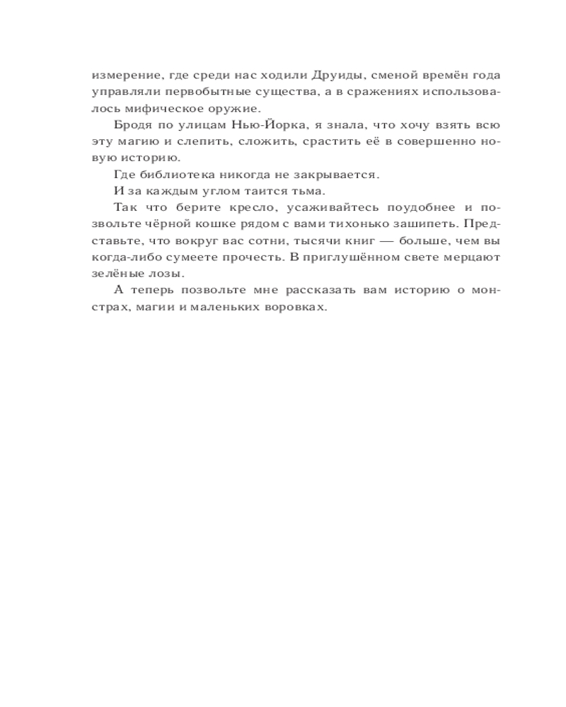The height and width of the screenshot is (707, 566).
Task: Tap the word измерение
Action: click(x=120, y=76)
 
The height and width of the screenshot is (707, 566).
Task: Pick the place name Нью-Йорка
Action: click(x=266, y=125)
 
